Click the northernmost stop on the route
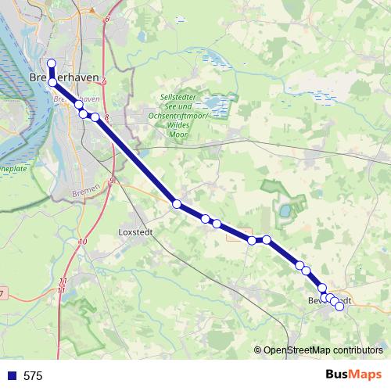(x=52, y=63)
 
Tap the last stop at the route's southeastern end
(x=339, y=307)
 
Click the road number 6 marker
(x=107, y=19)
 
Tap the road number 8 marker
(x=106, y=117)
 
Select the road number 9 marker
(x=112, y=181)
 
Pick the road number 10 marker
(x=82, y=242)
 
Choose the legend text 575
(x=33, y=376)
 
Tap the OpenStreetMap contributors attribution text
(x=324, y=350)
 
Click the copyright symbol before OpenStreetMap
(x=257, y=350)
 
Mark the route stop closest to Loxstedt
(x=177, y=204)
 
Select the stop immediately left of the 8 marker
(x=95, y=117)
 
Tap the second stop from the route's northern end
(x=52, y=81)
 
